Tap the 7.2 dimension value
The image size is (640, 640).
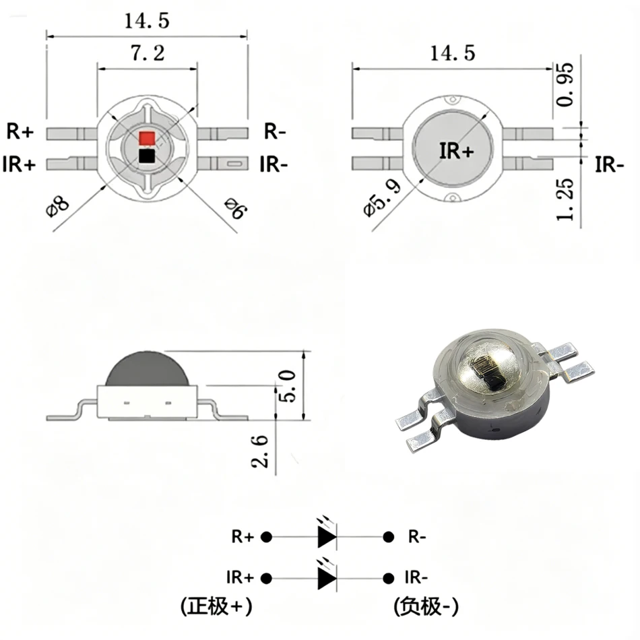pos(148,53)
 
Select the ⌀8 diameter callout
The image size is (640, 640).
pos(57,207)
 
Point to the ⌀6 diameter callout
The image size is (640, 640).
pos(236,207)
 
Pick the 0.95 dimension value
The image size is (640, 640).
pos(565,85)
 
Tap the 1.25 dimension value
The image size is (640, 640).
pos(565,199)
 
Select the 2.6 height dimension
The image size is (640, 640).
pos(259,451)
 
